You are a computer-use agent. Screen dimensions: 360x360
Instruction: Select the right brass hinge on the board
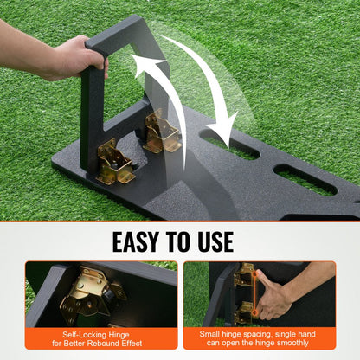click(162, 132)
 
